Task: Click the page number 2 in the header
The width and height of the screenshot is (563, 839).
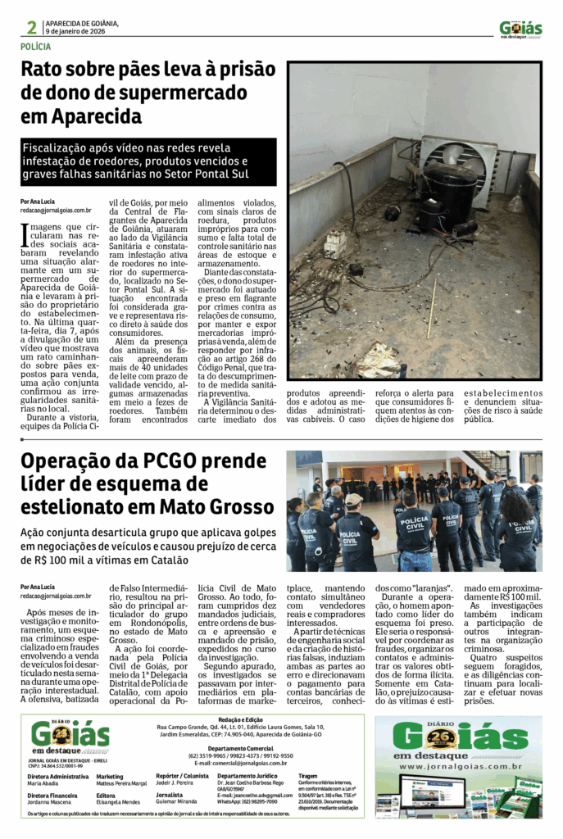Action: pyautogui.click(x=31, y=27)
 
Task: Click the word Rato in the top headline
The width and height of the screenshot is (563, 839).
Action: pyautogui.click(x=44, y=69)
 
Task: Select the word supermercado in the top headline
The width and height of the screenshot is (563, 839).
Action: pyautogui.click(x=176, y=92)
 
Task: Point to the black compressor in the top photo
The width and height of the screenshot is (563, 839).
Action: pyautogui.click(x=452, y=197)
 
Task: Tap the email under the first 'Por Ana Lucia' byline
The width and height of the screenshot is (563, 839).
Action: pyautogui.click(x=56, y=210)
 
